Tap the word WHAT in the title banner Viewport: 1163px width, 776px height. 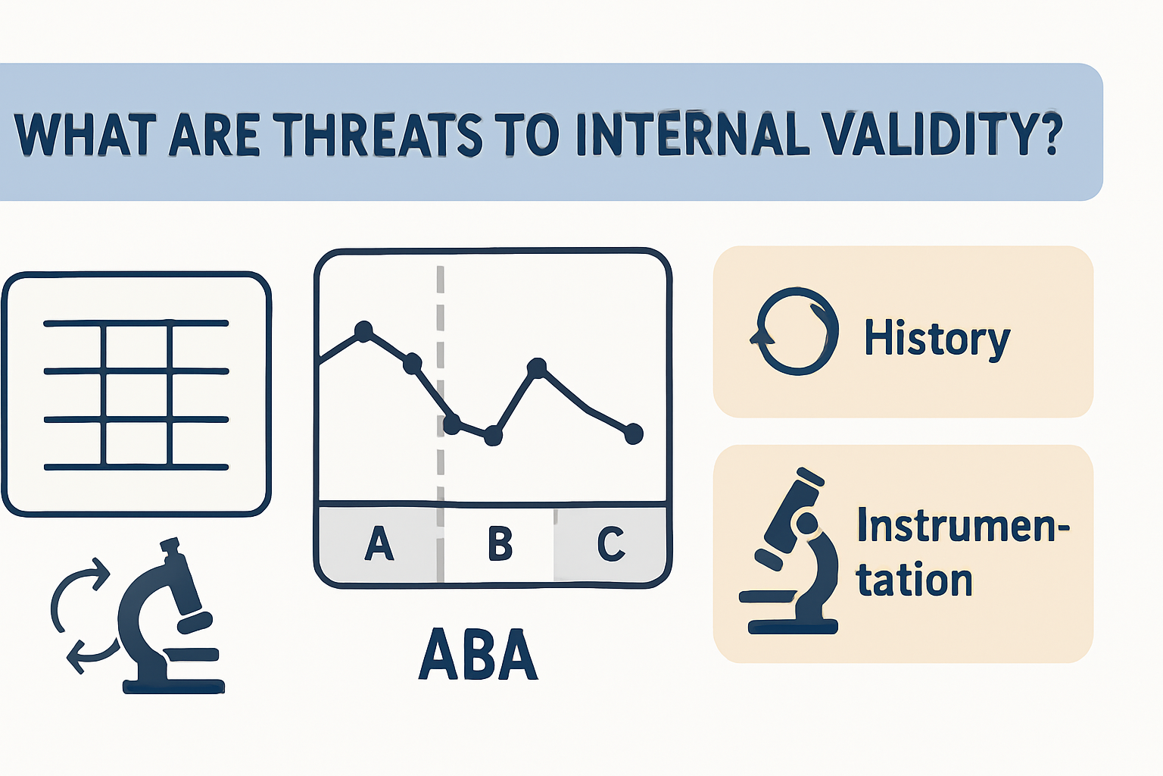coord(85,135)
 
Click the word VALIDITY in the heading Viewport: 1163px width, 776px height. coord(925,135)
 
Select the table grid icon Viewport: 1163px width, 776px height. coord(136,394)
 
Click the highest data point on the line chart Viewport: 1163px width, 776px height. coord(364,331)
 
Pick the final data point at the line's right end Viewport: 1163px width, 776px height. coord(633,433)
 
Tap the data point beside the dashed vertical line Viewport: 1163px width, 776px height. coord(452,424)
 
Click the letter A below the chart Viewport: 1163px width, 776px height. coord(379,543)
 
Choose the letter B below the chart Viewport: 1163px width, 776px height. coord(500,543)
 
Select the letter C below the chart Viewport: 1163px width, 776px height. coord(611,543)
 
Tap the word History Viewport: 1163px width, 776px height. coord(937,338)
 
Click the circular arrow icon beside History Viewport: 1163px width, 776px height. coord(795,331)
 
